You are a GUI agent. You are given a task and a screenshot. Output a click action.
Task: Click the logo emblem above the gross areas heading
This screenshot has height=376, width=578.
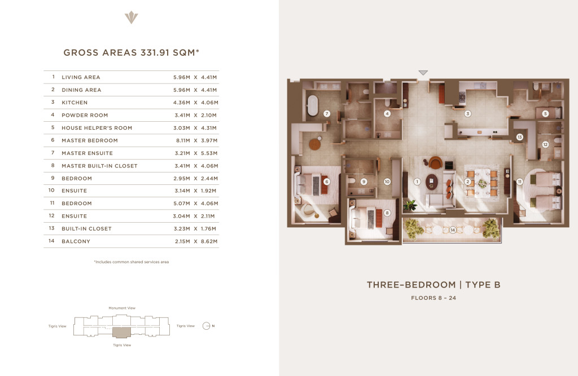pos(131,17)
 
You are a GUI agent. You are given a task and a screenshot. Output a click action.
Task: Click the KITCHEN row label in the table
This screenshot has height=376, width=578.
pos(75,103)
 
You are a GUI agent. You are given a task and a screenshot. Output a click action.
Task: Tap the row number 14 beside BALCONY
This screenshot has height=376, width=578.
pos(51,241)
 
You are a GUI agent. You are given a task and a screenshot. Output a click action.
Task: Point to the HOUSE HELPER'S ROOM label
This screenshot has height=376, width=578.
pos(97,128)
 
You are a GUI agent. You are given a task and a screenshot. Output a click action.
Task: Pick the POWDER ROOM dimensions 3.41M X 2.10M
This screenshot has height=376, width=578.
pos(195,115)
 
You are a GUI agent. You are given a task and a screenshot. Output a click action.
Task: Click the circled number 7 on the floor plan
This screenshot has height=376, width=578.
pos(327,114)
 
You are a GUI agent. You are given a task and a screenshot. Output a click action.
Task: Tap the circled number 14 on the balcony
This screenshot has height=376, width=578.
pos(453,230)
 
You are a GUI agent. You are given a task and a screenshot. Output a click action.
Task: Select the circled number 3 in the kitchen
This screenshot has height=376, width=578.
pos(467,114)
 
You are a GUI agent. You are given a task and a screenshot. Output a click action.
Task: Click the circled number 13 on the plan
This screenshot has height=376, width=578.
pos(519,137)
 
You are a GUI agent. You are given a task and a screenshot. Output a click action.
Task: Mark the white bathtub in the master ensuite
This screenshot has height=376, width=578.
pos(312,105)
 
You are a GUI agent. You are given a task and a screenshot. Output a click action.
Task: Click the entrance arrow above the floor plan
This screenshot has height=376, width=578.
pos(423,73)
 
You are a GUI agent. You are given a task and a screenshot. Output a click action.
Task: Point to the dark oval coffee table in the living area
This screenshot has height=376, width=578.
pos(432,182)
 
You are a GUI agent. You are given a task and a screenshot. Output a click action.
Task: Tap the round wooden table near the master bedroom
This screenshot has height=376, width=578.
pos(315,144)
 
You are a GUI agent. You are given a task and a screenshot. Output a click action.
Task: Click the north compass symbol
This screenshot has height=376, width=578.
pos(206,326)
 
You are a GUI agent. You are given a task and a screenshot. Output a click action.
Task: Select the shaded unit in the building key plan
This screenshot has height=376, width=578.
pos(122,332)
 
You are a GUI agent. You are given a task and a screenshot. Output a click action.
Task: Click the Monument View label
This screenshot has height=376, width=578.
pos(122,308)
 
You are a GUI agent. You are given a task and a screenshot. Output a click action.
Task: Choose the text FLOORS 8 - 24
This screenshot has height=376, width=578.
pos(433,298)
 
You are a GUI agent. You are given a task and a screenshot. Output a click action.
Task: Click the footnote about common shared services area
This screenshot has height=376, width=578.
pos(131,262)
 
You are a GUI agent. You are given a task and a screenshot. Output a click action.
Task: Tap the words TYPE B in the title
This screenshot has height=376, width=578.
pos(483,285)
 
